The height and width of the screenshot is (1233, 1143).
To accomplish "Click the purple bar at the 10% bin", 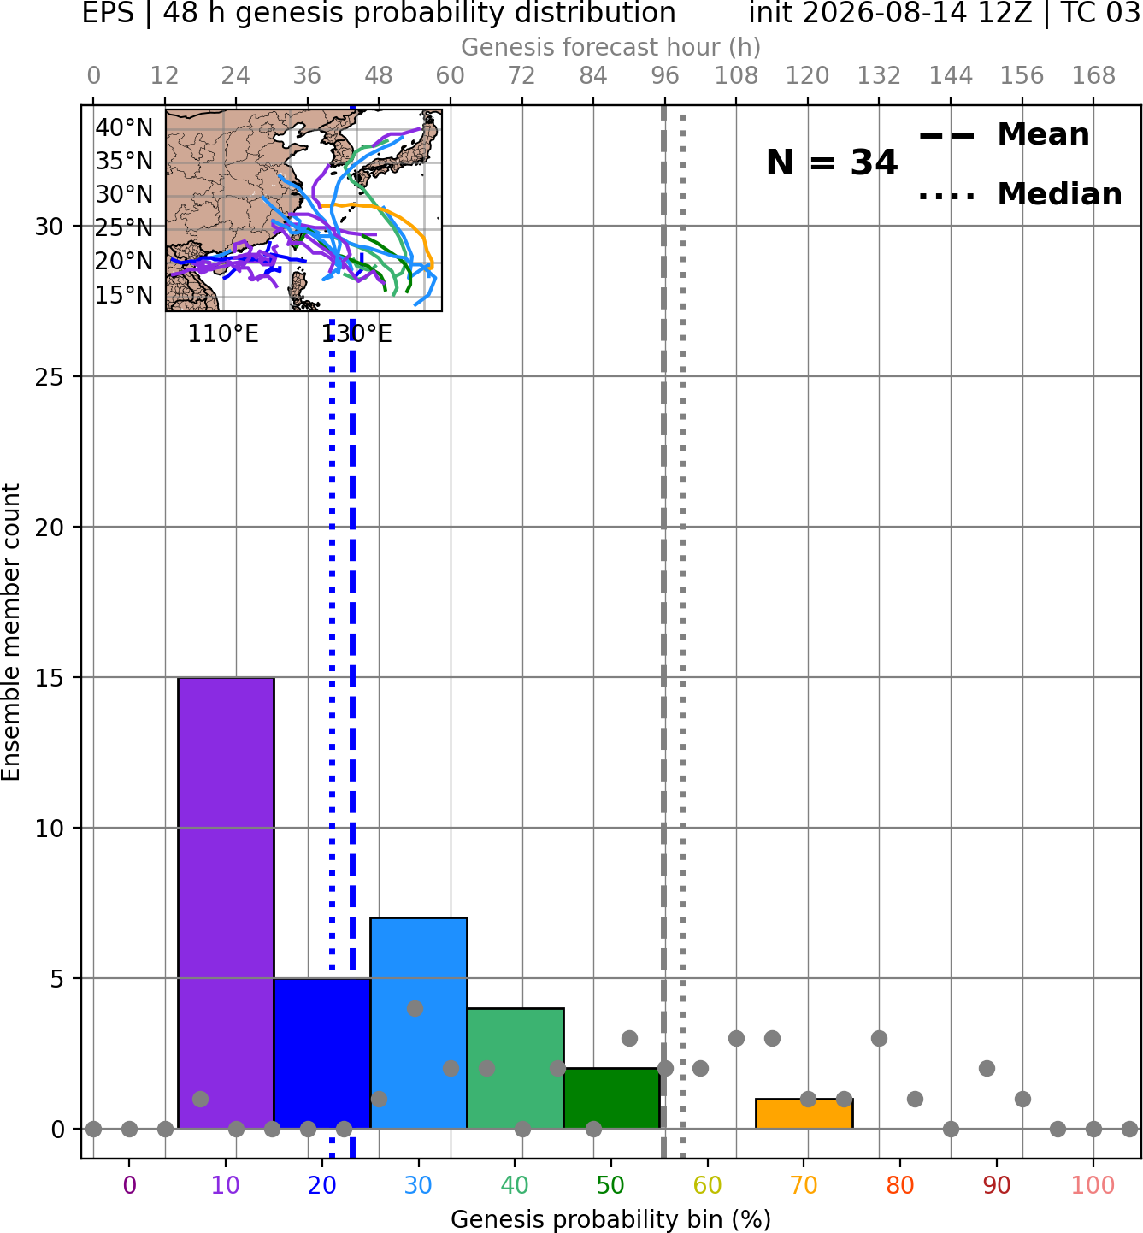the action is click(x=226, y=903).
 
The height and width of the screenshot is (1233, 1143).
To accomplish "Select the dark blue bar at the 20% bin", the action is click(x=322, y=1053).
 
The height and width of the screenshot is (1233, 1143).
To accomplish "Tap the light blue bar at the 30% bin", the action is click(x=419, y=1024).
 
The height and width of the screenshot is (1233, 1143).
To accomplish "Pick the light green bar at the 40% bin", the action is click(x=516, y=1069).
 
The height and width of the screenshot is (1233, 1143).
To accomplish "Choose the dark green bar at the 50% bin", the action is click(x=611, y=1099).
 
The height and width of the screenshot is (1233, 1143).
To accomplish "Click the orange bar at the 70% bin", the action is click(x=804, y=1114).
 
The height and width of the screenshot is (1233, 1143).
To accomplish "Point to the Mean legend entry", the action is click(x=1005, y=135).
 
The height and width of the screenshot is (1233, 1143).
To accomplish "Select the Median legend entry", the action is click(x=1021, y=194).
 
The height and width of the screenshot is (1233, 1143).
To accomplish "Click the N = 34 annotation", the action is click(x=832, y=162).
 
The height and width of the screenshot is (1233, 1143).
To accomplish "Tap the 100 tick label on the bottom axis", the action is click(x=1093, y=1185).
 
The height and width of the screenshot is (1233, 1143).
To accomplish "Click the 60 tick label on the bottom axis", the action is click(x=708, y=1185).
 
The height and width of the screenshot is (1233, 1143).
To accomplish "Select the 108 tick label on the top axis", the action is click(x=736, y=76).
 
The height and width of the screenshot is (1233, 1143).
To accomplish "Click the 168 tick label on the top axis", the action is click(x=1093, y=76).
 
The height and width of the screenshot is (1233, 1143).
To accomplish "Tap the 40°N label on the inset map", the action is click(x=124, y=128).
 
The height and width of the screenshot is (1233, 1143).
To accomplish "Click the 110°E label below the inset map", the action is click(x=223, y=334).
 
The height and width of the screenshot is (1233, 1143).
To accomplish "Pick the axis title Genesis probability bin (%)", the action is click(x=611, y=1218).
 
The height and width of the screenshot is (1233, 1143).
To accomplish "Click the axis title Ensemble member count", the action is click(x=10, y=632).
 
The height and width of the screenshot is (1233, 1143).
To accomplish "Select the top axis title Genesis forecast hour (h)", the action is click(x=611, y=47).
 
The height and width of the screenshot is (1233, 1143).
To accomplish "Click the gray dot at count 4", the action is click(x=415, y=1008).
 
